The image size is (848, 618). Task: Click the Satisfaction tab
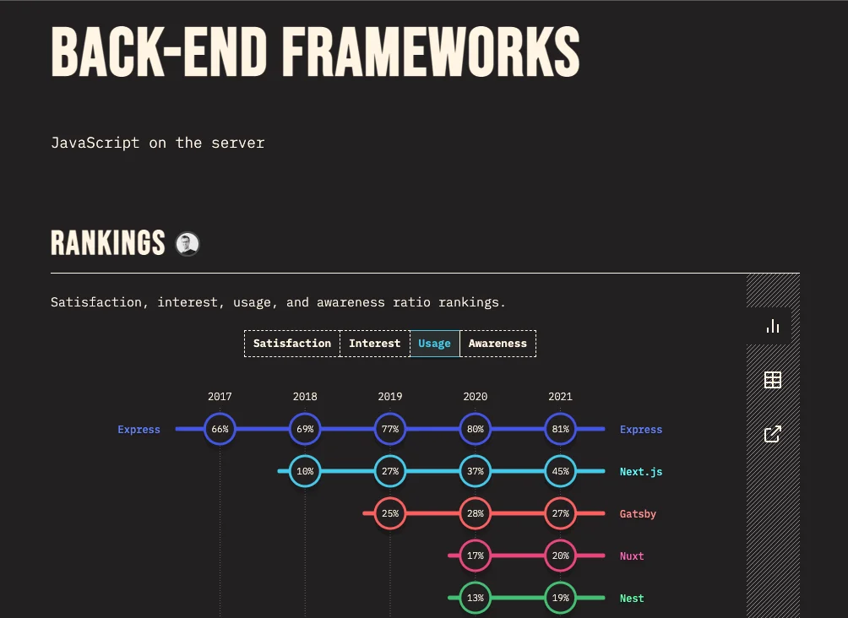pos(292,344)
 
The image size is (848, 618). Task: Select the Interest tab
pos(374,344)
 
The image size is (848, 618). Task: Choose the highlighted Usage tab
pos(434,344)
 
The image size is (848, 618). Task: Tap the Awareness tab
pos(497,344)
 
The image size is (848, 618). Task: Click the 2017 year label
pos(220,397)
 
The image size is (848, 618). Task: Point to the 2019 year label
pos(390,397)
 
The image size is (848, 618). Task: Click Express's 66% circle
pos(220,429)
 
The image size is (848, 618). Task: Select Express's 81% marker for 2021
pos(560,429)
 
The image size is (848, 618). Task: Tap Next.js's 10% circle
pos(305,471)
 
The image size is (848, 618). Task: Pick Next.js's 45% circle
pos(560,471)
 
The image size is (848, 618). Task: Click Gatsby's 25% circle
pos(390,513)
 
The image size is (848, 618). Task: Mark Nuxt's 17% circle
pos(475,556)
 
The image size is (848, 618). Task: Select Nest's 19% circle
pos(560,598)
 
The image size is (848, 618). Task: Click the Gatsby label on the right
pos(638,514)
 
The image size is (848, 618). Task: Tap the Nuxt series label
pos(632,556)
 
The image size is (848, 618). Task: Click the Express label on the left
pos(139,430)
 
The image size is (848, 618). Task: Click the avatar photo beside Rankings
pos(187,244)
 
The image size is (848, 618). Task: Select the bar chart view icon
pos(772,326)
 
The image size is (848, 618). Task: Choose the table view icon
pos(772,380)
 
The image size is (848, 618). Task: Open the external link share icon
pos(772,434)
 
